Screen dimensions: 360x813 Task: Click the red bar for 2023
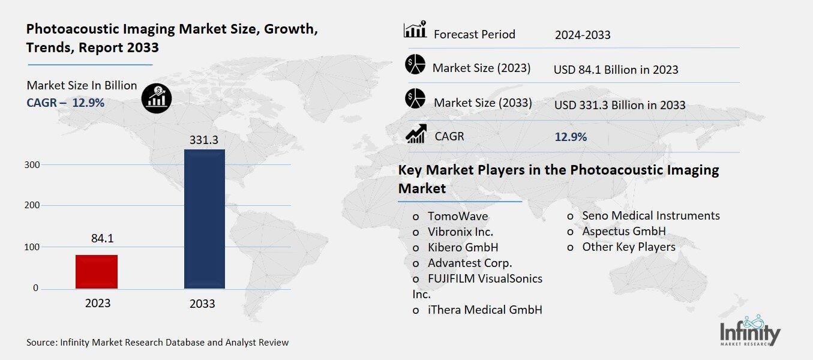coord(97,271)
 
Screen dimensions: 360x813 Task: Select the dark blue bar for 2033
coord(203,219)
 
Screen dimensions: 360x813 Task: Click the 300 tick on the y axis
coord(31,164)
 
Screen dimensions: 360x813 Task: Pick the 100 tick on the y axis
coord(31,247)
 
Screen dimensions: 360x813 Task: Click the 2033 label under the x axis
coord(202,304)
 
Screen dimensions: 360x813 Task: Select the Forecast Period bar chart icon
coord(415,30)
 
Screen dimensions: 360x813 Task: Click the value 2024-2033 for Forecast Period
coord(583,35)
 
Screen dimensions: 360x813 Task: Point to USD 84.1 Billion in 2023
coord(616,70)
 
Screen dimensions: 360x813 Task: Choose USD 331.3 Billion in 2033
coord(619,105)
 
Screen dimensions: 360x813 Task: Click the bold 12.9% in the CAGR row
coord(571,137)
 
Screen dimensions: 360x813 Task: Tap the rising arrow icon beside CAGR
coord(416,134)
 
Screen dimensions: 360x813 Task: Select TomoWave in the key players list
coord(457,216)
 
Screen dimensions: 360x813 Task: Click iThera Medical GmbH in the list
coord(484,310)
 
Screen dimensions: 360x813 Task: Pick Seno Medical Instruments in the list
coord(650,215)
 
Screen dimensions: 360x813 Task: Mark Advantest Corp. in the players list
coord(469,263)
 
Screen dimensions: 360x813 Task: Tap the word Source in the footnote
coord(41,343)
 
